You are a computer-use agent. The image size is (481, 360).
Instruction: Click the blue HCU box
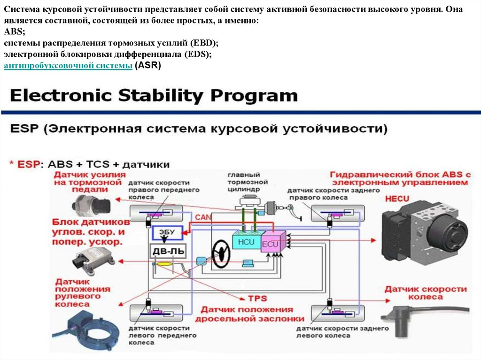click(246, 242)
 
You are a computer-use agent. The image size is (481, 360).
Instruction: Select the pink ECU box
click(271, 244)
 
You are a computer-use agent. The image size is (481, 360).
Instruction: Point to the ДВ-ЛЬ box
click(168, 252)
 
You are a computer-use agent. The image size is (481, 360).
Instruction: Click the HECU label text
click(397, 199)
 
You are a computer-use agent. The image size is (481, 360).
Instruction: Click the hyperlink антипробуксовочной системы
click(68, 66)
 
